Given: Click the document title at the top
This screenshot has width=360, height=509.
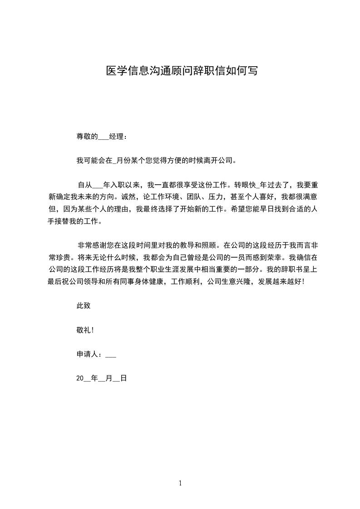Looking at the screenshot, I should point(182,71).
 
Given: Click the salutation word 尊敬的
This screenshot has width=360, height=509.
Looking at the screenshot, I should point(87,136).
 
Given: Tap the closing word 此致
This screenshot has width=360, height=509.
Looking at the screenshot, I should point(84,306).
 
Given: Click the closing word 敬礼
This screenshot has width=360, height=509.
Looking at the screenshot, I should point(84,331).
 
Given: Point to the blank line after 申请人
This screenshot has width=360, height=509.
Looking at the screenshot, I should point(111,356).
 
